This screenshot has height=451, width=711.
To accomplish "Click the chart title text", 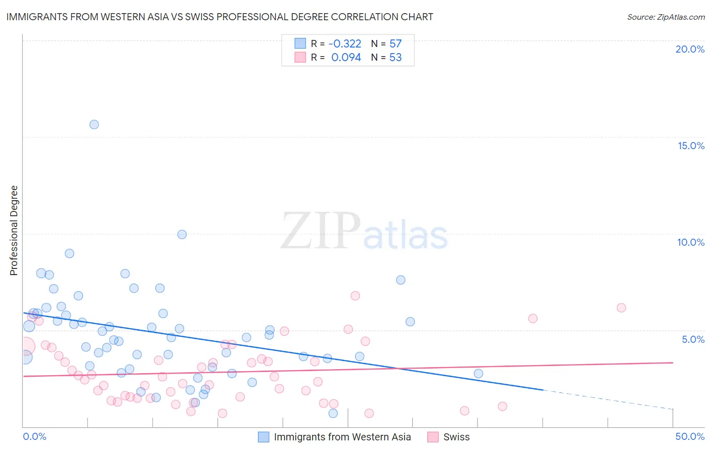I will click(219, 17).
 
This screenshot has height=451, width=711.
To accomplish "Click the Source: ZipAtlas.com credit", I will click(665, 17).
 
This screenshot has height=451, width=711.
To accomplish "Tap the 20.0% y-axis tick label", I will click(690, 49).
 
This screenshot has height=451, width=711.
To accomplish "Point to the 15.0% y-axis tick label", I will click(691, 146).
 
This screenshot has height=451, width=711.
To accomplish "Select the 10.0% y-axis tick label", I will click(691, 242).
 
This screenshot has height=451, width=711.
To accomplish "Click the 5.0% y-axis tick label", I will click(693, 339).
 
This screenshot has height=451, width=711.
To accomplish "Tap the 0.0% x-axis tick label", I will click(35, 436).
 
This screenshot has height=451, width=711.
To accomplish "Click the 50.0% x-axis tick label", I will click(690, 436).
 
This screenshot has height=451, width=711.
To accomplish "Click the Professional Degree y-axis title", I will click(14, 231).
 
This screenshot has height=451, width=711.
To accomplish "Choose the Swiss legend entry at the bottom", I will click(456, 437).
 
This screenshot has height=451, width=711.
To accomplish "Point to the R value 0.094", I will click(346, 58).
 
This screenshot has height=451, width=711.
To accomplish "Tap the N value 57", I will click(395, 44).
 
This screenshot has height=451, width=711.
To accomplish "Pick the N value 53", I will click(395, 58).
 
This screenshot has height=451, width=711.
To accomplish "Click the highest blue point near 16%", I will click(94, 124).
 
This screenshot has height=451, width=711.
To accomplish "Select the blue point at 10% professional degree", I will click(182, 235).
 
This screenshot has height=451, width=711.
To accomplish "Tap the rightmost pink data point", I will click(621, 308).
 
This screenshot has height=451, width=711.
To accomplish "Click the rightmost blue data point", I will click(478, 374).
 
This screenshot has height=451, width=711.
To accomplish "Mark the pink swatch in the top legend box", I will click(300, 58).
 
